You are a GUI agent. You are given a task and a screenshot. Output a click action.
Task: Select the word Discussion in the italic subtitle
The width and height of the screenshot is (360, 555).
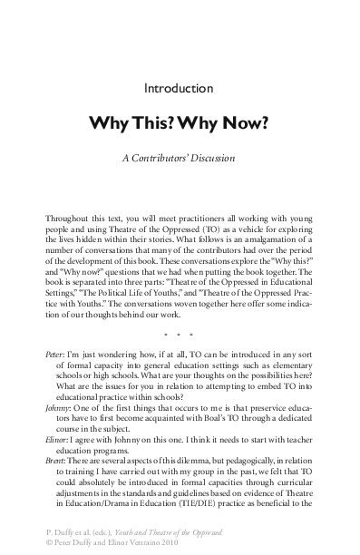coord(212,157)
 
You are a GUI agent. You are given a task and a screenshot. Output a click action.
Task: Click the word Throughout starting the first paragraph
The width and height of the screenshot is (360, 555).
coord(67,219)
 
